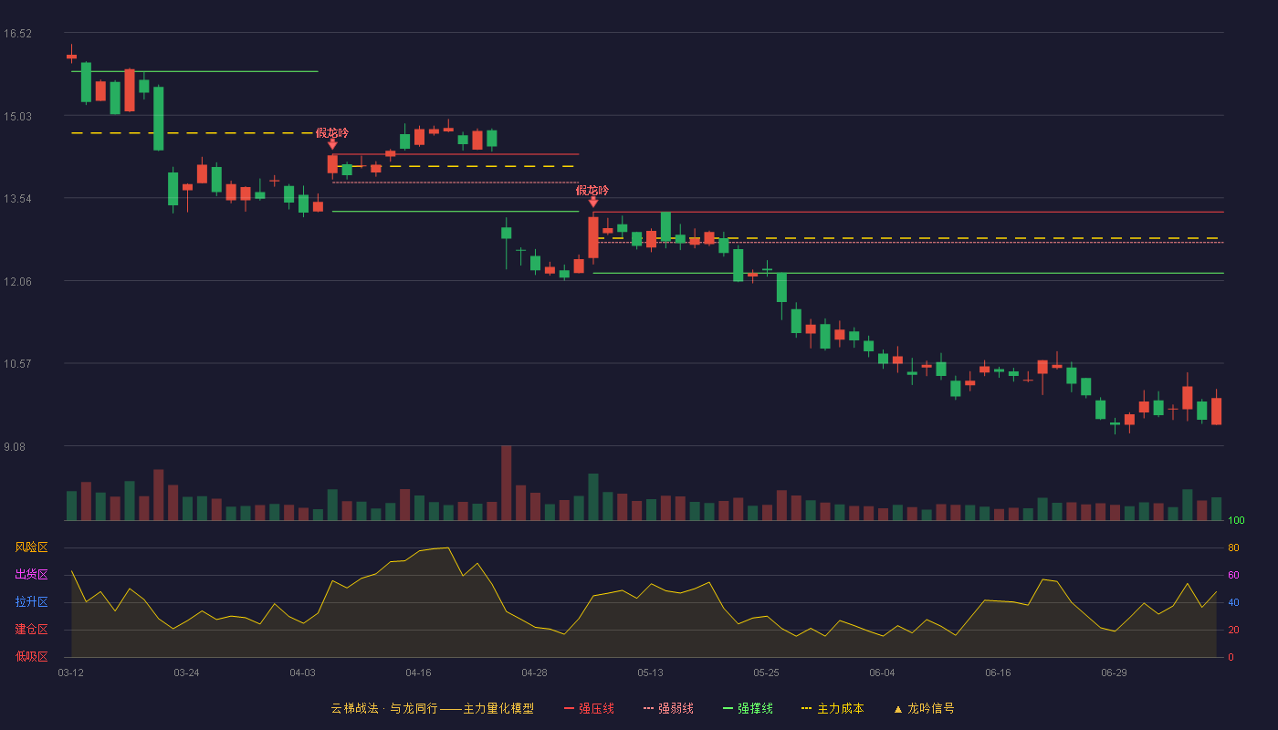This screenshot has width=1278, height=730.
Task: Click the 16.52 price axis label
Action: (17, 34)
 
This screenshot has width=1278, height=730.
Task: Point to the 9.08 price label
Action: (15, 446)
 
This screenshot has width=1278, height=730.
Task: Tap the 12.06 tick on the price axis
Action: (17, 282)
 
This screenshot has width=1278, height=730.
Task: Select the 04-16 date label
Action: (418, 673)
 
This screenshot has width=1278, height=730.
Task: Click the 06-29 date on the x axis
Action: (1114, 673)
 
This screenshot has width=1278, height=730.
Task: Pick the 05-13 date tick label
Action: (650, 673)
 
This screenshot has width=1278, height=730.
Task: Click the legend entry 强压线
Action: (589, 708)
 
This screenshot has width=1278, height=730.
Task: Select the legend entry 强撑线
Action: (748, 708)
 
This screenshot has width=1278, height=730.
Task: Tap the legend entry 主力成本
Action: (833, 708)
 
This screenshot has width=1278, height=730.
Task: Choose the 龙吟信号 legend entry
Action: (924, 708)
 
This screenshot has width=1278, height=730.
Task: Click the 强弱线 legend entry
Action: (668, 708)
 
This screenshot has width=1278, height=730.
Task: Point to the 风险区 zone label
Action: (31, 547)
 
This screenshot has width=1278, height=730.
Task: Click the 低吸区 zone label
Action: (31, 657)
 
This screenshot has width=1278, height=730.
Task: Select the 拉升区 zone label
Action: (31, 602)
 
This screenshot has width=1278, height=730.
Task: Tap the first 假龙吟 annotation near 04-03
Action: (332, 133)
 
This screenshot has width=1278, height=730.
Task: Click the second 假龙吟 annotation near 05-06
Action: (592, 191)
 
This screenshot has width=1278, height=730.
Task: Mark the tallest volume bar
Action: (506, 483)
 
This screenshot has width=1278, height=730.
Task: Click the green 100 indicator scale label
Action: (1236, 520)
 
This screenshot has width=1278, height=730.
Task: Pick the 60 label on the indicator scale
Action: (1233, 575)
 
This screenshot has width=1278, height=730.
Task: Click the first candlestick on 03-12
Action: (71, 56)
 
